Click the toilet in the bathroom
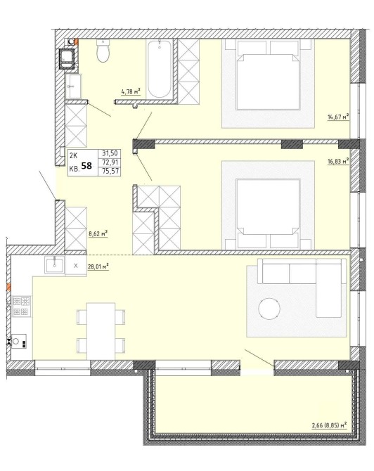coord(103,51)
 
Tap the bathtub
coord(160,68)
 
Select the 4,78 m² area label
coord(131,91)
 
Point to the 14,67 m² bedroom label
coord(338,117)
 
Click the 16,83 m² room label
coord(338,162)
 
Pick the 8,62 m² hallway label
coord(98,233)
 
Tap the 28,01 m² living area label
coord(98,266)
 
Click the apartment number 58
coord(86,165)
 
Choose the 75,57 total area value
coord(110,172)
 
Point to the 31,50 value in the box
coord(110,153)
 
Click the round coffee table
coord(269,309)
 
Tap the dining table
coord(101,331)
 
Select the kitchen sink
coord(54,265)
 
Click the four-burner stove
coord(22,306)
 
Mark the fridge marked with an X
coord(76,266)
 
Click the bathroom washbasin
coord(73,86)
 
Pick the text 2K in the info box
coord(74,155)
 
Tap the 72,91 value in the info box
coord(110,162)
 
